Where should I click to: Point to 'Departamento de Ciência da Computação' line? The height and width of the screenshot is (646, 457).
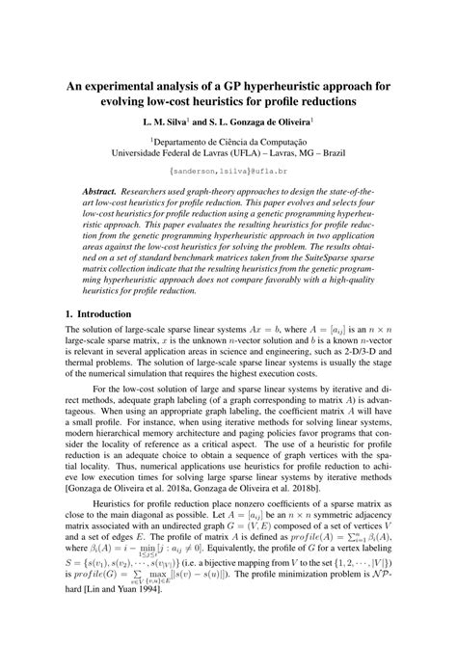pos(228,142)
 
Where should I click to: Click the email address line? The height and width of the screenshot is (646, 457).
pos(228,172)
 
